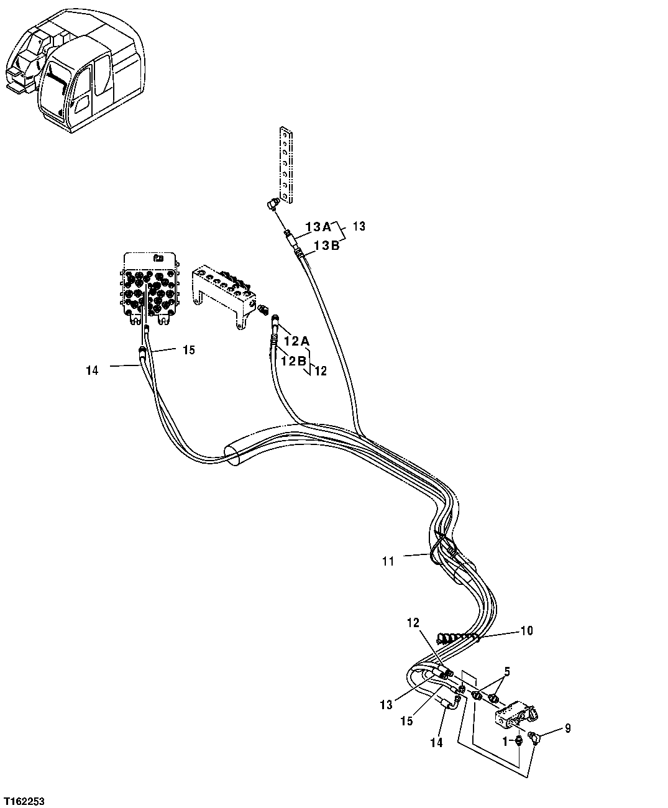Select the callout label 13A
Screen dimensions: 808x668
pos(319,227)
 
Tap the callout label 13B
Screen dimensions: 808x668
pos(326,246)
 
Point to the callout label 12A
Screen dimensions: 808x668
pos(296,341)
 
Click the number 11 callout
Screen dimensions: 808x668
pos(388,561)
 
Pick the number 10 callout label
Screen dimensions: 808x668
pos(526,631)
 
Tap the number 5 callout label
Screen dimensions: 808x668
pos(507,671)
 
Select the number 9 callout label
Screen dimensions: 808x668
pos(567,727)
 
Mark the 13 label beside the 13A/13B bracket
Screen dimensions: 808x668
pos(359,226)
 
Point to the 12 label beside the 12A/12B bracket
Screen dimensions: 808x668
pos(320,371)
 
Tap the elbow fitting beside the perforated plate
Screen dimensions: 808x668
pos(273,206)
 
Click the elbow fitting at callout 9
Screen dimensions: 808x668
pos(534,737)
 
